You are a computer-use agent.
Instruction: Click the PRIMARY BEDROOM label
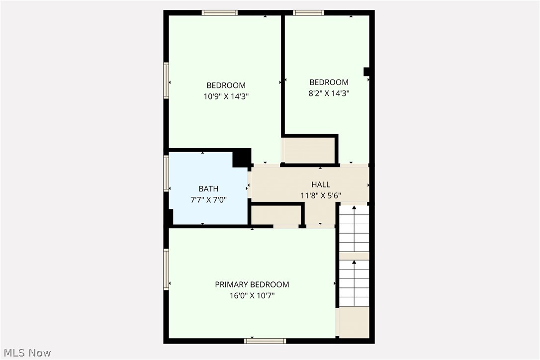point(252,284)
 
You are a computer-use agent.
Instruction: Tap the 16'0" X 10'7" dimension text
point(252,295)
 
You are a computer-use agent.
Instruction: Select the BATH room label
point(208,188)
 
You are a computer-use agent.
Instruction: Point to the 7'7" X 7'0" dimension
point(208,199)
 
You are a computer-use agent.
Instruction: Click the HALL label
point(321,184)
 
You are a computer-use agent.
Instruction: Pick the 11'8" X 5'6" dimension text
point(321,195)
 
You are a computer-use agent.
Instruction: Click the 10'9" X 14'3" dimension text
point(226,96)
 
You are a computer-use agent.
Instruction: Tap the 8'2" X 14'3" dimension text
point(329,93)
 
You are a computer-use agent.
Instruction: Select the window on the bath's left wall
point(167,174)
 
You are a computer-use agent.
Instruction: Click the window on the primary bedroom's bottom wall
point(265,341)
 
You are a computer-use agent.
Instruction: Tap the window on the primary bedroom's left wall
point(167,270)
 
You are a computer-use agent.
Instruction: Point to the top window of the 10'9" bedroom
point(220,13)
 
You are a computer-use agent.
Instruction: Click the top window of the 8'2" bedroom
point(308,13)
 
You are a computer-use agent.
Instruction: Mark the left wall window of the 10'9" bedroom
point(167,81)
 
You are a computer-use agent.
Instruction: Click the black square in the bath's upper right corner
point(242,159)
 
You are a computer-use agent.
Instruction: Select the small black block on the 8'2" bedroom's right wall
point(366,72)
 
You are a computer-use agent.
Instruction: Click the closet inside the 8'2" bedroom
point(308,151)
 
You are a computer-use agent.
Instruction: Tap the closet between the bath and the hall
point(275,215)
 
